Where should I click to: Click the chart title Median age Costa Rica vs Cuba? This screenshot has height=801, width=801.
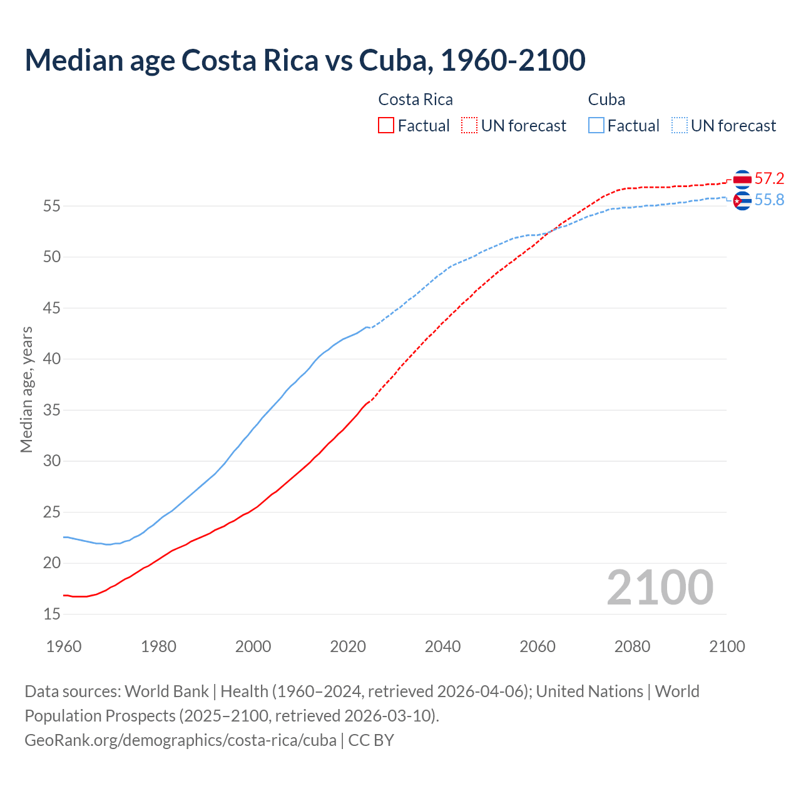click(305, 60)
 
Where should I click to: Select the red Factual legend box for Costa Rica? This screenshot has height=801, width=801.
click(386, 125)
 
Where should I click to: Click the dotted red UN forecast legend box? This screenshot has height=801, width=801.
click(469, 125)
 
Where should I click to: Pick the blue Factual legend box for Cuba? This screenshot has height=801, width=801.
click(596, 125)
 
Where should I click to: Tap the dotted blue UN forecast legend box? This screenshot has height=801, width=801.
click(680, 125)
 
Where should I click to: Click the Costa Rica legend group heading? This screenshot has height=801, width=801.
click(416, 99)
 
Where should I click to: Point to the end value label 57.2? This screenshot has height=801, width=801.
click(769, 178)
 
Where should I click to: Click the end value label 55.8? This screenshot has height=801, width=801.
click(769, 200)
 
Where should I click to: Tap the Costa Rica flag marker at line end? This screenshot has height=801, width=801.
click(742, 180)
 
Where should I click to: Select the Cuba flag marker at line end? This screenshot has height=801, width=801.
click(742, 201)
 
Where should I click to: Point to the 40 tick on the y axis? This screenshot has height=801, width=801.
click(52, 359)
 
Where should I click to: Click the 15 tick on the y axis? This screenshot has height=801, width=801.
click(52, 614)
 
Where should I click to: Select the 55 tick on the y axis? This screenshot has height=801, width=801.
click(52, 206)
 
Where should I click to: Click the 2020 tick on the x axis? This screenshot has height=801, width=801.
click(348, 646)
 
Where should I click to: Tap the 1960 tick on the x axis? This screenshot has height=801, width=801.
click(64, 646)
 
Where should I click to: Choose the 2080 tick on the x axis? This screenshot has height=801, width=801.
click(632, 646)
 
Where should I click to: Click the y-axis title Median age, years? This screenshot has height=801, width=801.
click(26, 389)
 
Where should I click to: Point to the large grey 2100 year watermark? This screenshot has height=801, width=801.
click(660, 587)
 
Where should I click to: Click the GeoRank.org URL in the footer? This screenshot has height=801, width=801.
click(180, 740)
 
